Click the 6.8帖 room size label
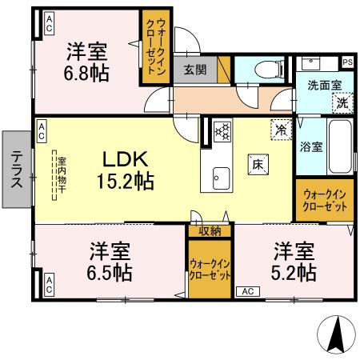86,72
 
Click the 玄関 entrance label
194,70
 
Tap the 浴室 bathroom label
310,147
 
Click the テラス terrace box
17,170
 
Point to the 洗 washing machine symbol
342,102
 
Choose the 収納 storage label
210,231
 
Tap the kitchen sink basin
221,175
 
